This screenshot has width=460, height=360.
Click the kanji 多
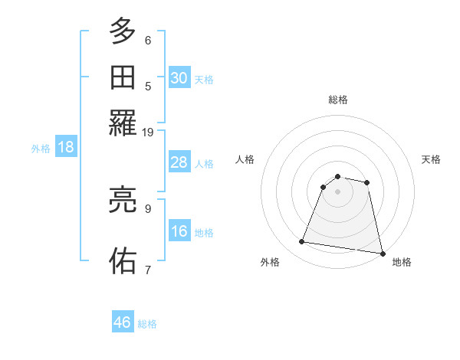pyautogui.click(x=123, y=33)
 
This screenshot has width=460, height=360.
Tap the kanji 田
pyautogui.click(x=123, y=79)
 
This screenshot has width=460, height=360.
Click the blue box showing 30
pyautogui.click(x=179, y=78)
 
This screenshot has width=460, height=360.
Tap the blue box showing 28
pyautogui.click(x=179, y=162)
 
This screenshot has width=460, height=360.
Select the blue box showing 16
pyautogui.click(x=179, y=231)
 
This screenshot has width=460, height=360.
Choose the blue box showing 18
pyautogui.click(x=66, y=148)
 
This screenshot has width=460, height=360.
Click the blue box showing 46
pyautogui.click(x=123, y=322)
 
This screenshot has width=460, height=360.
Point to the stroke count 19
pyautogui.click(x=147, y=132)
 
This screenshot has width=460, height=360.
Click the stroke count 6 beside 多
pyautogui.click(x=148, y=40)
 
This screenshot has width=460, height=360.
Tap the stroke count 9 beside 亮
pyautogui.click(x=148, y=208)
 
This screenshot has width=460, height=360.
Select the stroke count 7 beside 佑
pyautogui.click(x=148, y=269)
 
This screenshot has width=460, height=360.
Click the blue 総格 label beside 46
pyautogui.click(x=147, y=324)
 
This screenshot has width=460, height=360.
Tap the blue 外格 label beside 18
pyautogui.click(x=41, y=149)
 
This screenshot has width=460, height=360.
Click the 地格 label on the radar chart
pyautogui.click(x=402, y=262)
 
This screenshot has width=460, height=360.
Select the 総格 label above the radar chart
pyautogui.click(x=338, y=100)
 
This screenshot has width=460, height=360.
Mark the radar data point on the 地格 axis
pyautogui.click(x=381, y=253)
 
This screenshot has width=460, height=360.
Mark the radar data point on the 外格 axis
pyautogui.click(x=302, y=242)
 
